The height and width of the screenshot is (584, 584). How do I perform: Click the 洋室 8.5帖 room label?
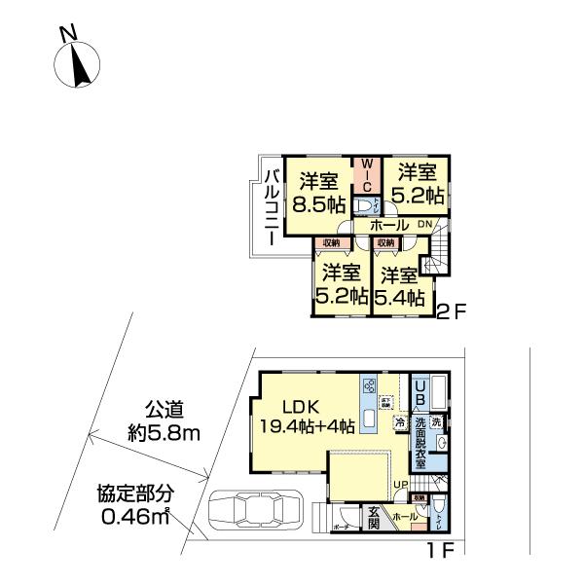tap(322, 192)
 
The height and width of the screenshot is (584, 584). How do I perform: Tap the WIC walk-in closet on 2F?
tap(368, 174)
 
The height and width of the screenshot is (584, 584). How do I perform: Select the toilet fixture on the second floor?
tap(368, 204)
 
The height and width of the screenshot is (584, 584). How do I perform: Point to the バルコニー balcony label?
tap(273, 202)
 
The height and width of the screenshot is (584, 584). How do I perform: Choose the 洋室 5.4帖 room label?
tap(401, 285)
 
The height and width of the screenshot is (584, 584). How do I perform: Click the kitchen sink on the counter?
tap(371, 420)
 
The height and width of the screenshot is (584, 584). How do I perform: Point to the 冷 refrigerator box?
tap(399, 423)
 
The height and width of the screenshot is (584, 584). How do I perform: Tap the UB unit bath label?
tap(419, 393)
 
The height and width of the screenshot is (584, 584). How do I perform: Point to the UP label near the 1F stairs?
tap(400, 484)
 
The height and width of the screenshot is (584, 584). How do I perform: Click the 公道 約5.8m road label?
tap(165, 420)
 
